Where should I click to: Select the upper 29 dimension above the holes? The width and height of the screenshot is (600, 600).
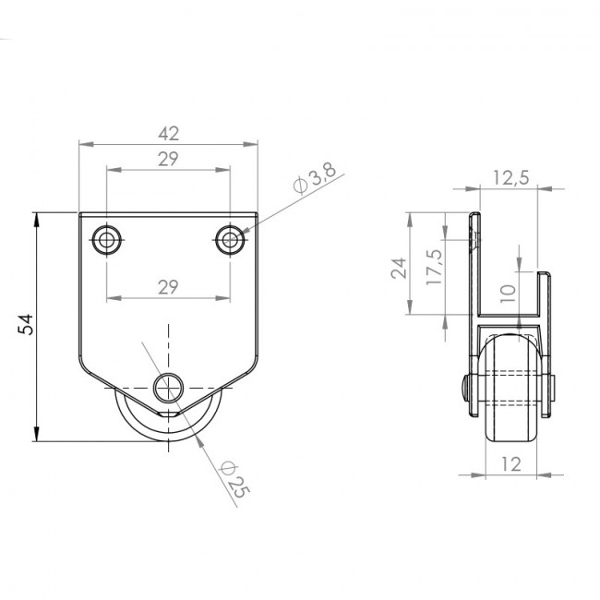(168, 159)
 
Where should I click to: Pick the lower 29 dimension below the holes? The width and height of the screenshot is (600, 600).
(168, 286)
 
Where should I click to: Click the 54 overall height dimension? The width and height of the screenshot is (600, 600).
(25, 324)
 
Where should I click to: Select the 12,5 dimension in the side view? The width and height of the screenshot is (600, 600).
(510, 177)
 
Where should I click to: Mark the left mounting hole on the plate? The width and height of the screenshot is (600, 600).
(107, 240)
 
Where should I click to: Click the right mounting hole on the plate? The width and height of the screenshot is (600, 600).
(230, 240)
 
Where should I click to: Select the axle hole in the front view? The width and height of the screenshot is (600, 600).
(169, 388)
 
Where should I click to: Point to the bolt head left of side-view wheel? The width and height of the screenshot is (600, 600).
(465, 387)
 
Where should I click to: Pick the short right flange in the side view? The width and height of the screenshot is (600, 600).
(547, 305)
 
